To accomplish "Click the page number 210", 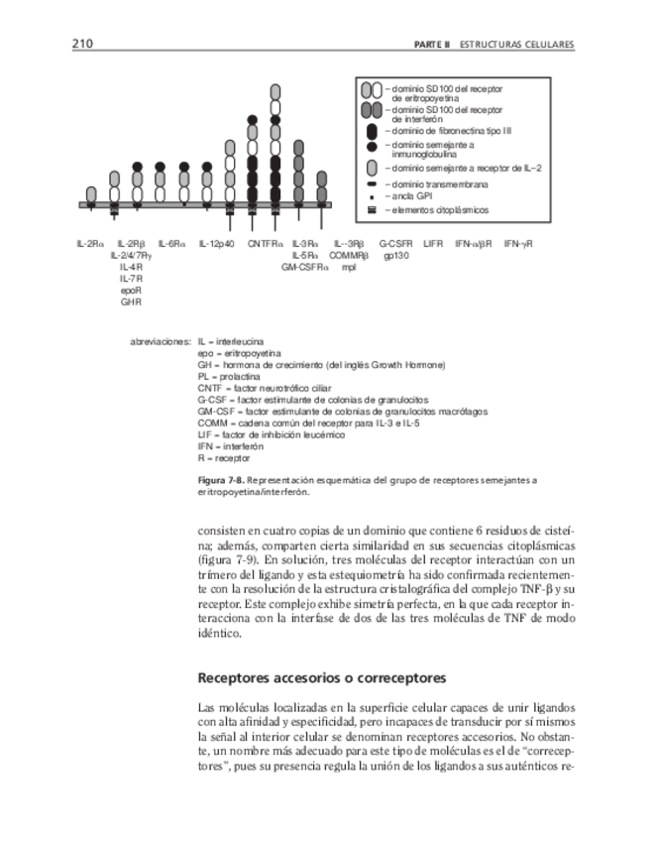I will click(x=82, y=45).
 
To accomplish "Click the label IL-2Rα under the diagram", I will click(x=90, y=243).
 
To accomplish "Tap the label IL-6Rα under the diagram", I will click(x=172, y=243).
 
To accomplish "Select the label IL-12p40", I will click(x=216, y=243).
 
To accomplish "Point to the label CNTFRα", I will click(x=265, y=243).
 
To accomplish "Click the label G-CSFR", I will click(x=395, y=243).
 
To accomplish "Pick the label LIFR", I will click(x=433, y=243).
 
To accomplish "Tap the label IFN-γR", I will click(x=518, y=243).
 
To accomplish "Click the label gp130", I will click(x=397, y=255).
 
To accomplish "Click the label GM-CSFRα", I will click(x=304, y=267).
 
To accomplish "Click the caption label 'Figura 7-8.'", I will click(x=220, y=480).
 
